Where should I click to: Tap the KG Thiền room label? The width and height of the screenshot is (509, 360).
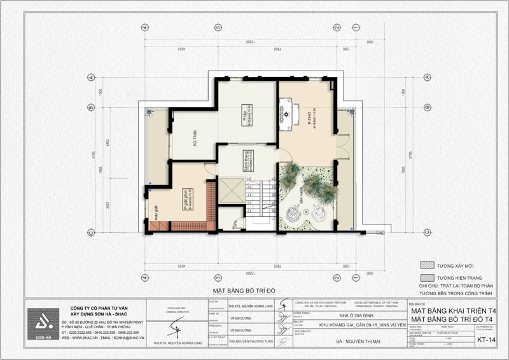[192, 136]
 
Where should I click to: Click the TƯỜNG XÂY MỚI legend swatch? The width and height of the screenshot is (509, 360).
[428, 265]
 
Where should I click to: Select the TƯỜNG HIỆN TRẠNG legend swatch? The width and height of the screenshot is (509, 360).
[428, 278]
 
